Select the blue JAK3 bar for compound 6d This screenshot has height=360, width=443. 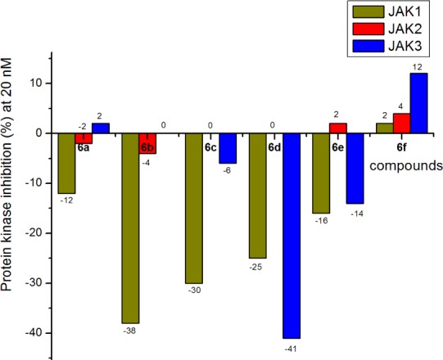click(291, 235)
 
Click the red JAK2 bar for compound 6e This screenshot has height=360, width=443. click(338, 128)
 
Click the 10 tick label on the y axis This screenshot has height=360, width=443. click(37, 83)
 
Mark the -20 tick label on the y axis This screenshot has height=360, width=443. click(34, 233)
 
